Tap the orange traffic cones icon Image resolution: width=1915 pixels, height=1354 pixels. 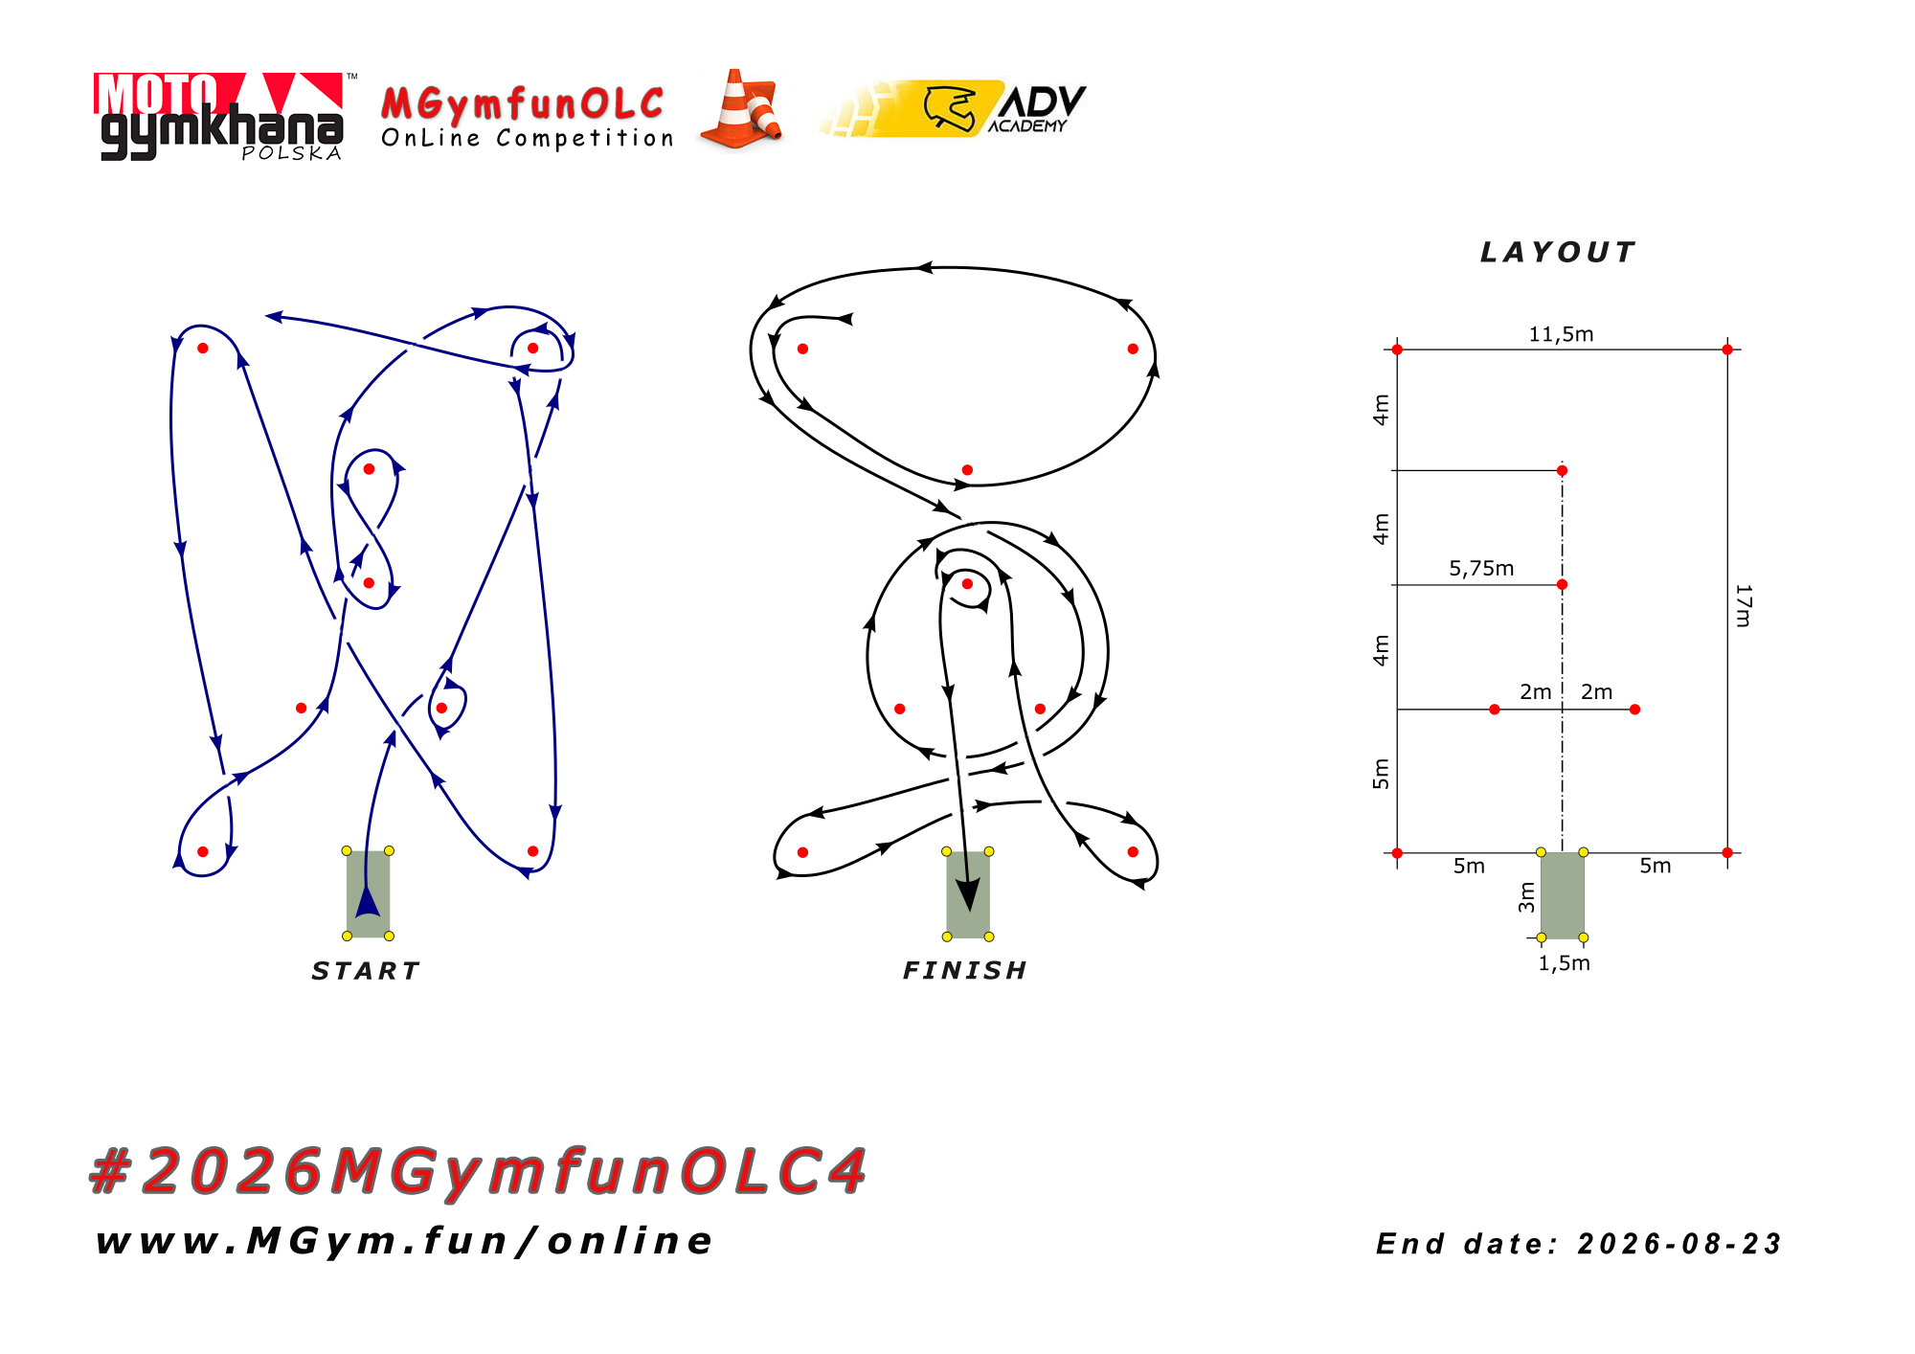coord(741,109)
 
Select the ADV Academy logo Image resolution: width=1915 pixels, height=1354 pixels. coord(954,108)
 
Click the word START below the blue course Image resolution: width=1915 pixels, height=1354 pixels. coord(366,971)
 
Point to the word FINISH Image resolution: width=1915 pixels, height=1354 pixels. coord(965,971)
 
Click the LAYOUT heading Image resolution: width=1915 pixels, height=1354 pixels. coord(1558,252)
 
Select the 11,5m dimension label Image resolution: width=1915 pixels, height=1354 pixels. coord(1561,334)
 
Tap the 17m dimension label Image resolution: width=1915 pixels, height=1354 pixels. coord(1744,605)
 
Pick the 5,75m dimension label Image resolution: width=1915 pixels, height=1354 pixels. coord(1481,569)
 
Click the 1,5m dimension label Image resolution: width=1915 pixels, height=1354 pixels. coord(1564,963)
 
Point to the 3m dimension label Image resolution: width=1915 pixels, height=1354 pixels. coord(1526,897)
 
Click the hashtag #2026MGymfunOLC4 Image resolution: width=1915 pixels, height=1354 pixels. coord(478,1171)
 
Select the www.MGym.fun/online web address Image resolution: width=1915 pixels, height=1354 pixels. coord(404,1241)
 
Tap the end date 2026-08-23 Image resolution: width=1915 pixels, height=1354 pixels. coord(1678,1244)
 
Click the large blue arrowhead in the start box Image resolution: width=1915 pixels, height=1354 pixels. coord(368,901)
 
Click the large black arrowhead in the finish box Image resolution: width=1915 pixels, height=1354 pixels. coord(969,894)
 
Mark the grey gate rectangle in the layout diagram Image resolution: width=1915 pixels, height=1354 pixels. coord(1562,895)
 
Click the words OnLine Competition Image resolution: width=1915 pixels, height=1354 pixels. coord(528,139)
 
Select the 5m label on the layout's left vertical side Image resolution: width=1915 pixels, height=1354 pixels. coord(1381,774)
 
